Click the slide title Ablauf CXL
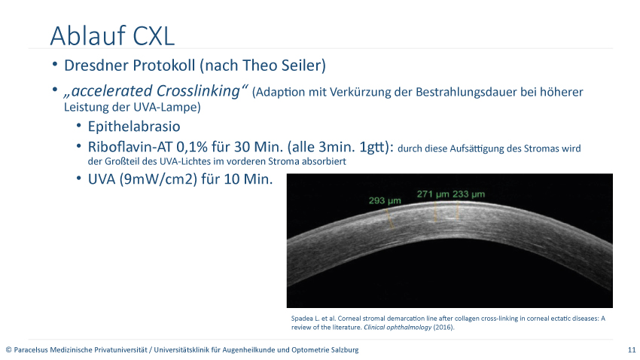tap(112, 35)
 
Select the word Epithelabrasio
tap(134, 127)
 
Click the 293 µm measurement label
tap(385, 201)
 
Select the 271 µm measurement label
tap(433, 194)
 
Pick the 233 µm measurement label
tap(468, 194)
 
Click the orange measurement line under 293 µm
tap(390, 218)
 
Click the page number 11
tap(632, 349)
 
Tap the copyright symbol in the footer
tap(8, 349)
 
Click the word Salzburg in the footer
tap(346, 349)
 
